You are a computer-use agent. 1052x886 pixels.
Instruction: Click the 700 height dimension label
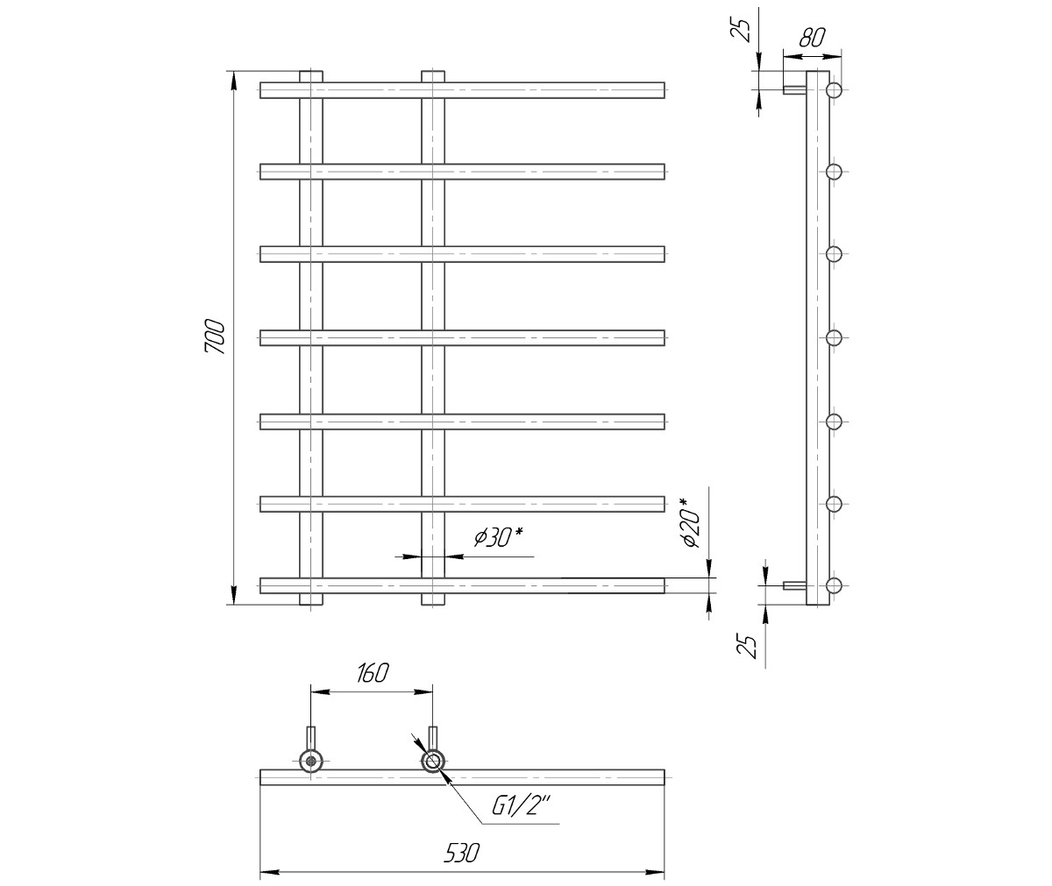pyautogui.click(x=215, y=336)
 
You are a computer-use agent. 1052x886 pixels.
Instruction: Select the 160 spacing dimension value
pyautogui.click(x=373, y=673)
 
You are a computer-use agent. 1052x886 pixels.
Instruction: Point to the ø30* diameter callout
pyautogui.click(x=498, y=537)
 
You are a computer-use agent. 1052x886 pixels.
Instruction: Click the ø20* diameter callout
pyautogui.click(x=690, y=523)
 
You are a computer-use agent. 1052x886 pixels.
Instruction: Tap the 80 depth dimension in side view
pyautogui.click(x=812, y=38)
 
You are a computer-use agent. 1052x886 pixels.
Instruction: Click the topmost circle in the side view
pyautogui.click(x=834, y=90)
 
